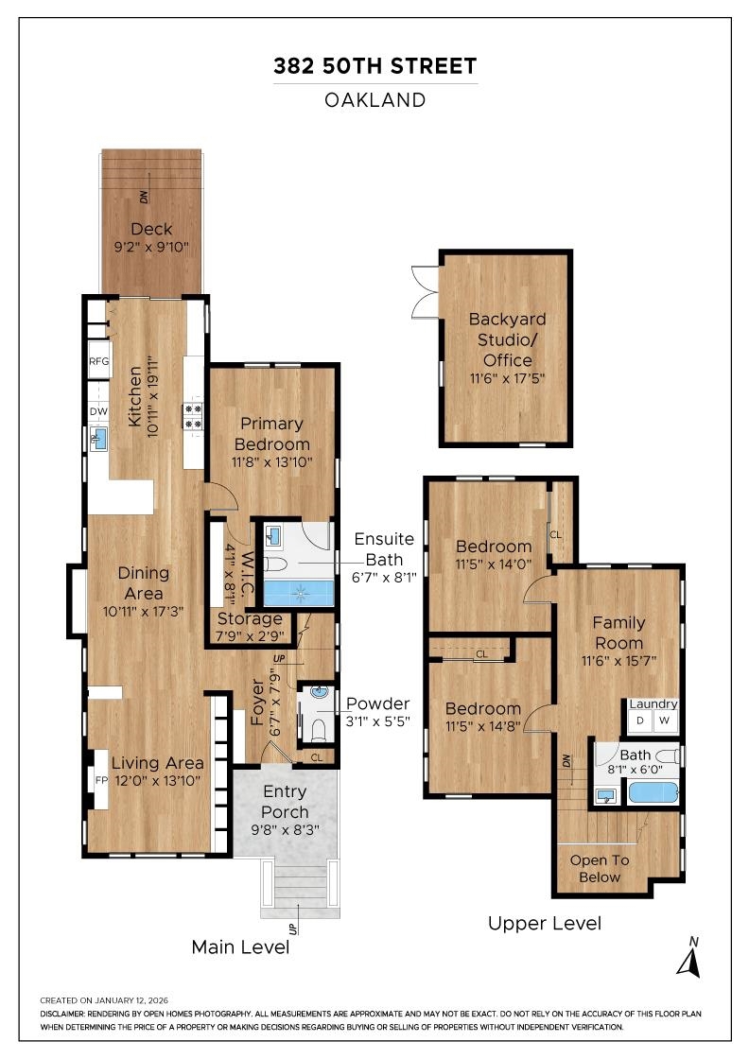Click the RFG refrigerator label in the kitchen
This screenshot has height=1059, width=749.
(98, 361)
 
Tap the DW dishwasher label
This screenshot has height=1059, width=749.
(98, 411)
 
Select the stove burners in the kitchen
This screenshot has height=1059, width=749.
(193, 416)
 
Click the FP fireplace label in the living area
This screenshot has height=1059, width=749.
(101, 780)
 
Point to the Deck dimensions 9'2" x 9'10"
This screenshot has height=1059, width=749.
(151, 247)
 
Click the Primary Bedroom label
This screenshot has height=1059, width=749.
(272, 434)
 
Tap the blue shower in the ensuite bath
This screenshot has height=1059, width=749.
(299, 593)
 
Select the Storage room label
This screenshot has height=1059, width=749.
(250, 618)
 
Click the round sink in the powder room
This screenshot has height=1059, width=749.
(321, 693)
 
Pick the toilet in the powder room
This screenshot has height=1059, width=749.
(320, 729)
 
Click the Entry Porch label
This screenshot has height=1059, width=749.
(285, 802)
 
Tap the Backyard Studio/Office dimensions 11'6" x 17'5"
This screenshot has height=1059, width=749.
(507, 378)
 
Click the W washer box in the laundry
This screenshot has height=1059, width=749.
(665, 720)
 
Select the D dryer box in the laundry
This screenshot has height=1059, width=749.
(640, 720)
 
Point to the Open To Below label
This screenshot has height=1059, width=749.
(599, 869)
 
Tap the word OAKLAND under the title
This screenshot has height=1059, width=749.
(375, 100)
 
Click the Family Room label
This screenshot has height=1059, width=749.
(618, 633)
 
